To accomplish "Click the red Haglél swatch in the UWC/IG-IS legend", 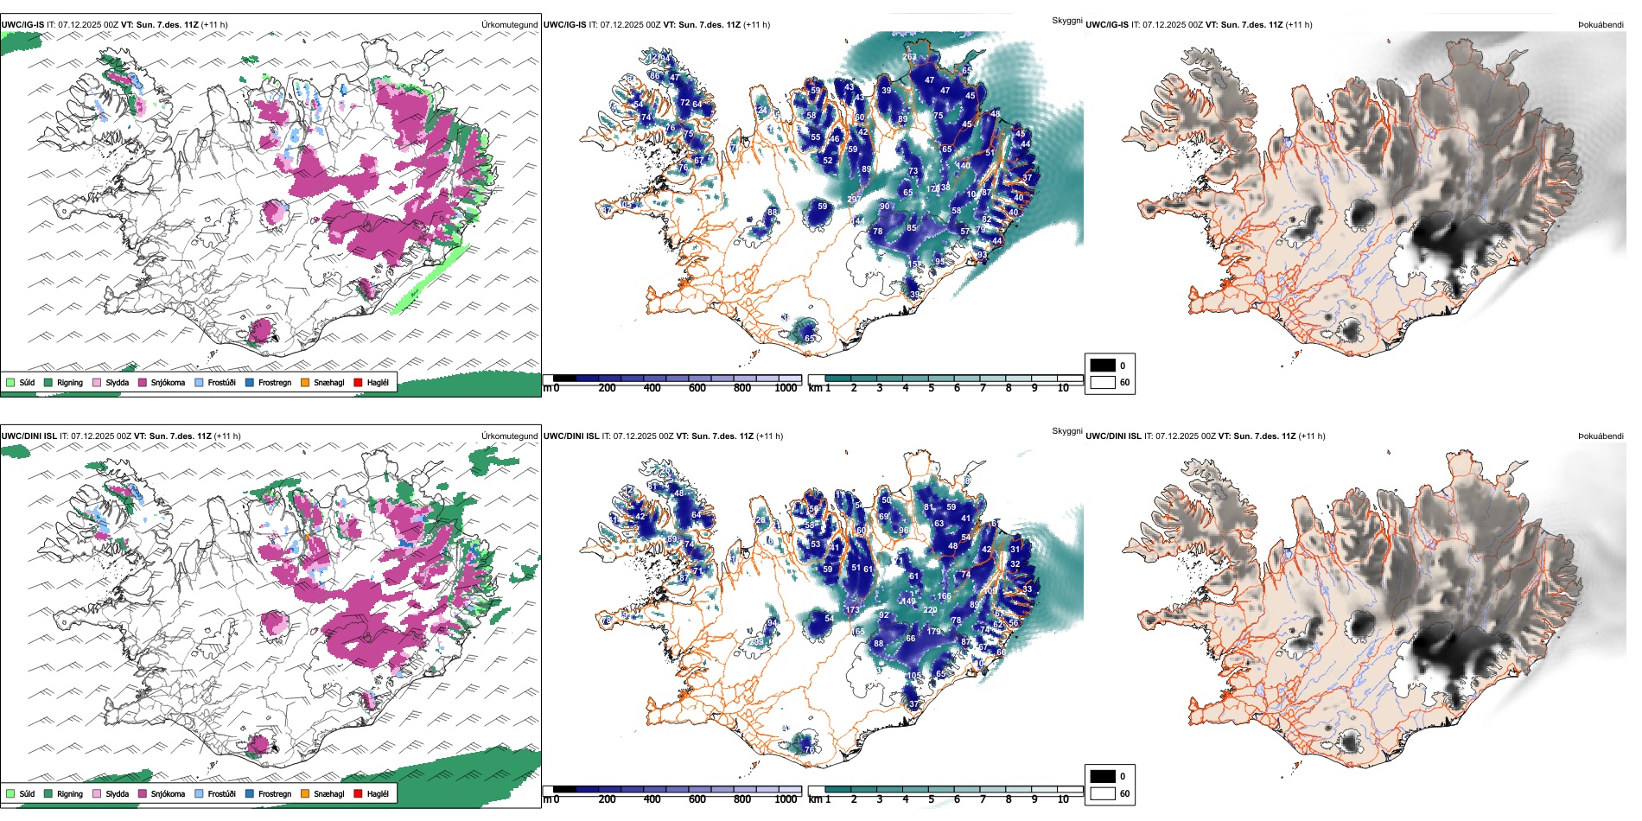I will [358, 382].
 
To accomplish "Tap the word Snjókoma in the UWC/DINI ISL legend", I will [168, 793].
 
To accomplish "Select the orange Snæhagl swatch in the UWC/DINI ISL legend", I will [305, 793].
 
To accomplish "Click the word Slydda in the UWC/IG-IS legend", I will [117, 382].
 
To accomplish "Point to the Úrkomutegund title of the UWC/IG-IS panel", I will [509, 24].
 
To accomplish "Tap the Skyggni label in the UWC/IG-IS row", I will [1066, 20].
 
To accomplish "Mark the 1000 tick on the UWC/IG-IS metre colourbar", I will [786, 388].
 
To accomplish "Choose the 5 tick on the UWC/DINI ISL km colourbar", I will [931, 799].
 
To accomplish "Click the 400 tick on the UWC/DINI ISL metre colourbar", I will [652, 799].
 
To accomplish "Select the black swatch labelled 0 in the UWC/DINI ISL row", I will [1103, 776].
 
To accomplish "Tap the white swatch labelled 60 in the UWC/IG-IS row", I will [1103, 382].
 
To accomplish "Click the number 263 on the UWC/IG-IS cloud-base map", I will [909, 57].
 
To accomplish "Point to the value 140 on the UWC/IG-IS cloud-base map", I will [963, 165].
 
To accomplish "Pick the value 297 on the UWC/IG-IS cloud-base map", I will [854, 199].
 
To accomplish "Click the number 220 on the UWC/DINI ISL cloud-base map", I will [930, 609].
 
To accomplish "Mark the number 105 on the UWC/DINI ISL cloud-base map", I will [913, 676].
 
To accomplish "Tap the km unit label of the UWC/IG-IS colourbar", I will [815, 388].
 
